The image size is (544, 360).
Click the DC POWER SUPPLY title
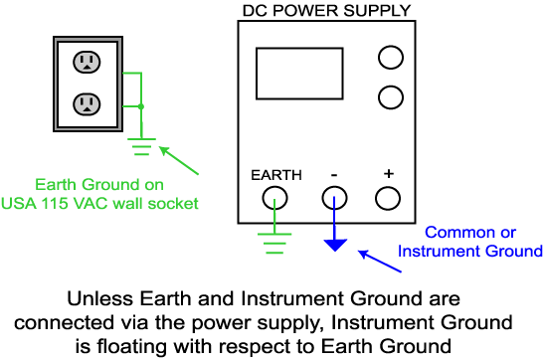pos(326,10)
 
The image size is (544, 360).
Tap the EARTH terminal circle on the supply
pos(274,198)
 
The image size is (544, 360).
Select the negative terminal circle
pos(333,198)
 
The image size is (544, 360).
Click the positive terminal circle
pos(389,198)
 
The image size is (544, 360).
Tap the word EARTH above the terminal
pos(275,175)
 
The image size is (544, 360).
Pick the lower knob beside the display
pos(390,96)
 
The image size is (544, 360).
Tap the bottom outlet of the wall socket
pos(87,102)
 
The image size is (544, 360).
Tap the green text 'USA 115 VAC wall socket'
pos(115,204)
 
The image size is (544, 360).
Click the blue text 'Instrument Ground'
pos(469,252)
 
